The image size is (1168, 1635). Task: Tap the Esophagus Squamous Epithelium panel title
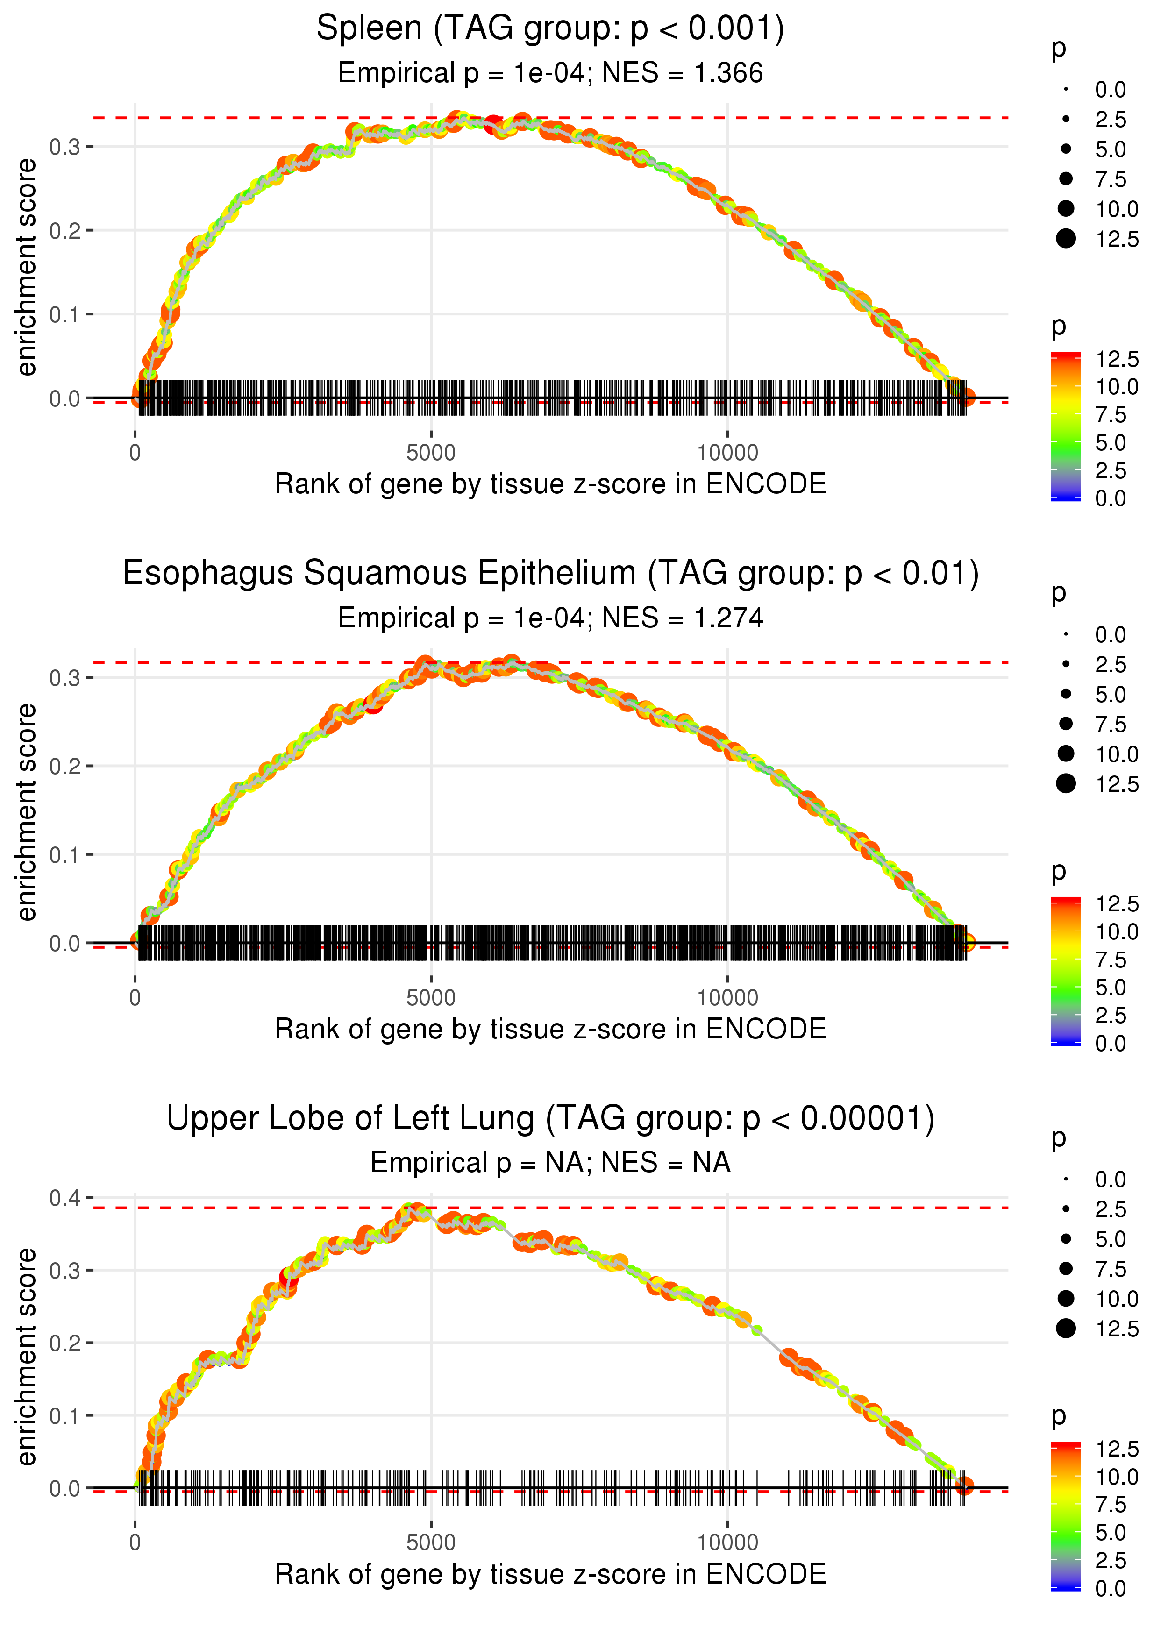550,574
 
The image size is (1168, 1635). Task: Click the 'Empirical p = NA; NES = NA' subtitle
550,1163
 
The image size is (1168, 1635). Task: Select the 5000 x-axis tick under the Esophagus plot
431,998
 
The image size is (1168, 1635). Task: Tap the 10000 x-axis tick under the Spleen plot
727,453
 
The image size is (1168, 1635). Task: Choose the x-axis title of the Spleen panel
550,484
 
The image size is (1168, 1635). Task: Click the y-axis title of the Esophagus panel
27,812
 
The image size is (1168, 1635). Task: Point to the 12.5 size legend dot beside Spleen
1066,239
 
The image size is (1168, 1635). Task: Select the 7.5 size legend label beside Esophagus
1111,724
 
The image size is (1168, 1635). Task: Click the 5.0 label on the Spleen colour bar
1111,443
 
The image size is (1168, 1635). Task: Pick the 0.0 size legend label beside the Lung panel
1111,1179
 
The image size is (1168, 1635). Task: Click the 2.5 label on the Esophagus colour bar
1111,1015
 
